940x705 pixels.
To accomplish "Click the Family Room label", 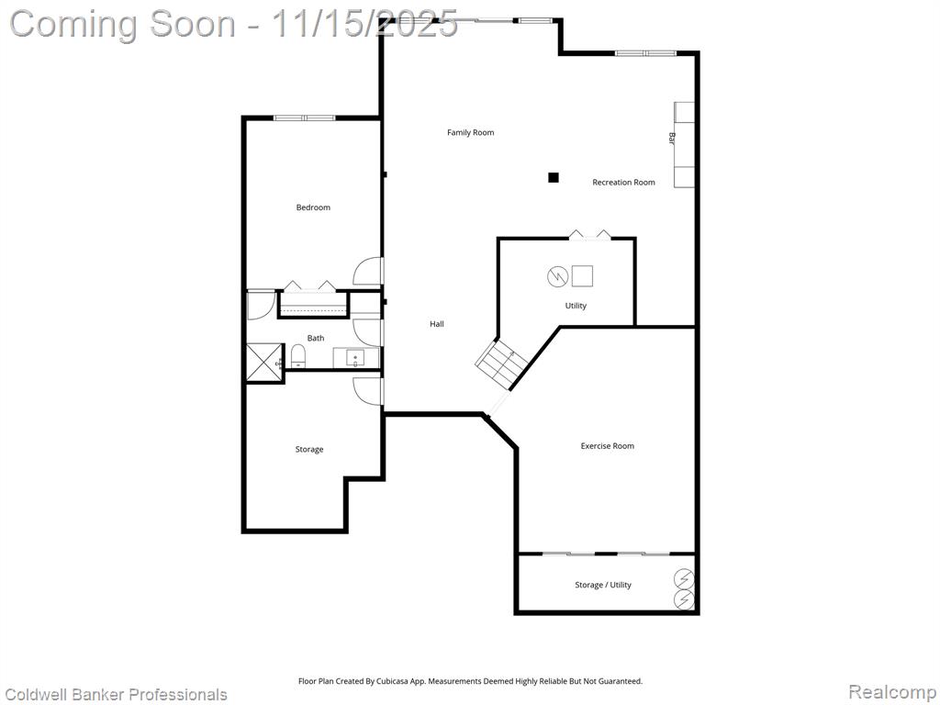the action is click(471, 132).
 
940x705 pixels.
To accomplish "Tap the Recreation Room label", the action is click(623, 183).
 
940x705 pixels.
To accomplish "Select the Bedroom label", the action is click(313, 207).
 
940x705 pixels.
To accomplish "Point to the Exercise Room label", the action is click(608, 446).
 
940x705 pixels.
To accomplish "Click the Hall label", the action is click(436, 324).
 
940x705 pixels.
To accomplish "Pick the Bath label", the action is click(316, 338).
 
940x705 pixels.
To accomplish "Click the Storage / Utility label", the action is click(603, 585).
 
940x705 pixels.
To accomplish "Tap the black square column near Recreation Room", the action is click(554, 177).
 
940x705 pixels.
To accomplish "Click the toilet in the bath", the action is click(298, 356).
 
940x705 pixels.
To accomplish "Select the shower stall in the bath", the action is click(264, 362).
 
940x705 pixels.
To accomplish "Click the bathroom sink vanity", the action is click(356, 358).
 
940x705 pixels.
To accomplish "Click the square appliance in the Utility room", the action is click(582, 275).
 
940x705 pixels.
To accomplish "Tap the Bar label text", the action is click(671, 138).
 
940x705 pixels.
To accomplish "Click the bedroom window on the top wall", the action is click(305, 117).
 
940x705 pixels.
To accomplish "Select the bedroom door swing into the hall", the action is click(368, 272).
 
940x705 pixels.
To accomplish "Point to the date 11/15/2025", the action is click(365, 24).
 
